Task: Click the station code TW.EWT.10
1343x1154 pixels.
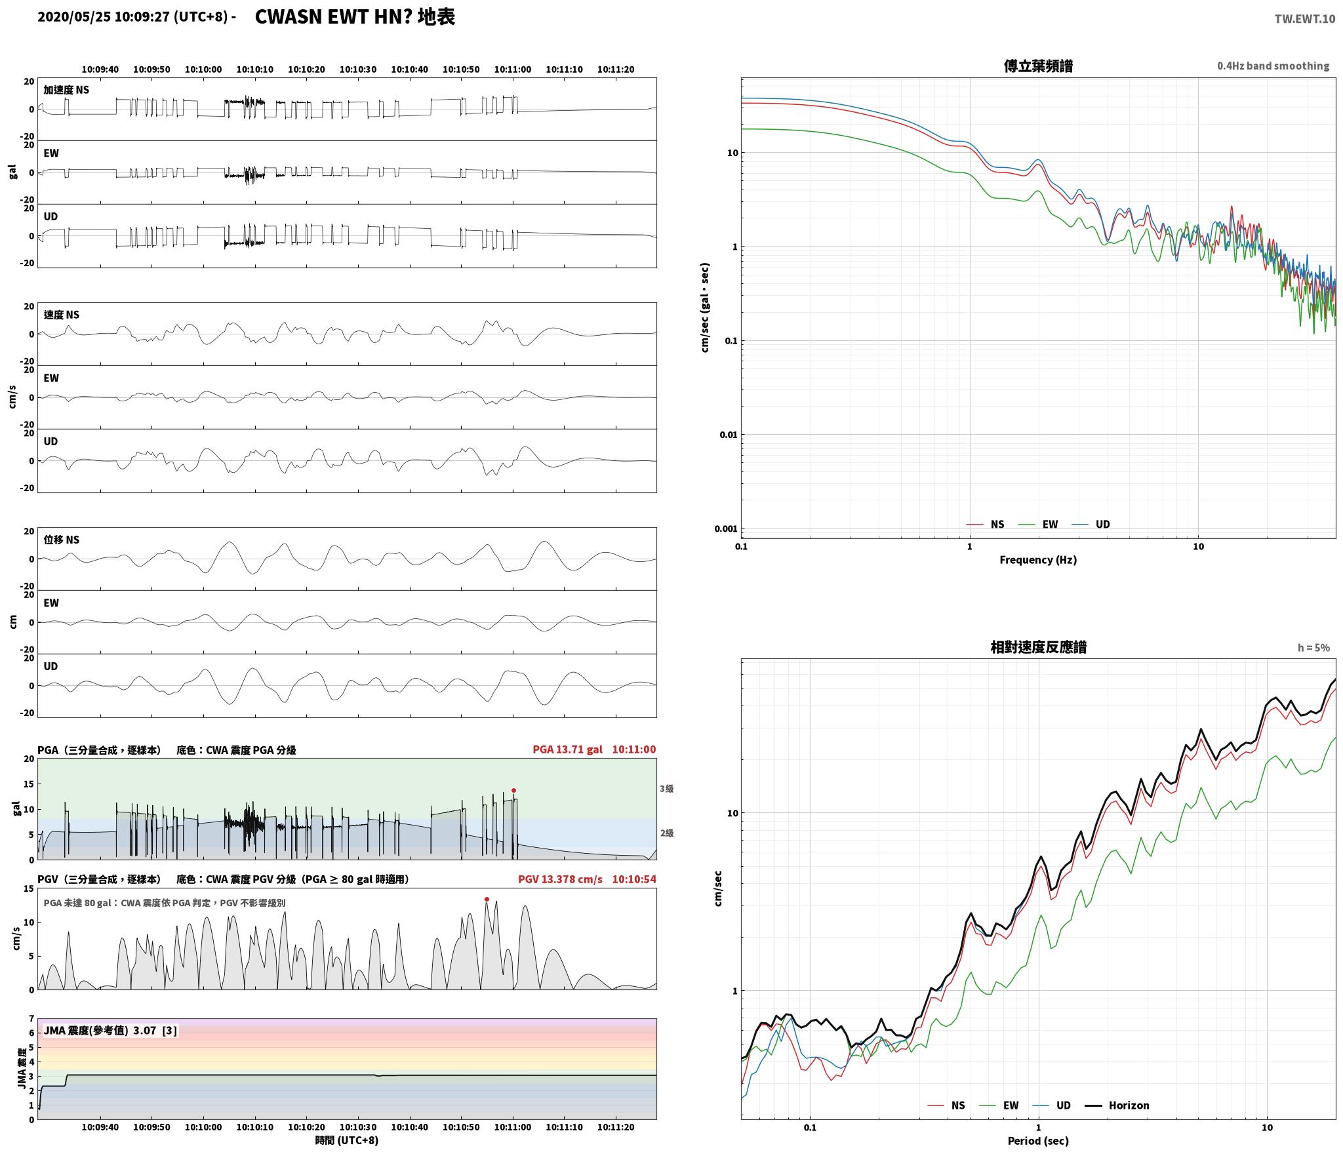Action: pos(1304,19)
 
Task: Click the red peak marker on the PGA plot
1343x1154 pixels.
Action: pos(513,790)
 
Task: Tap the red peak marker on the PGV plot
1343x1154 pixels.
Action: pos(487,899)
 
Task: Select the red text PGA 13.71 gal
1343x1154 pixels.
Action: pos(567,749)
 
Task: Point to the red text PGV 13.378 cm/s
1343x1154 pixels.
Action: pos(560,879)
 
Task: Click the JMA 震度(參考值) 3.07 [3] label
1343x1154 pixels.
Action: pos(110,1030)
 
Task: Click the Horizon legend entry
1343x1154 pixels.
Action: pos(1117,1105)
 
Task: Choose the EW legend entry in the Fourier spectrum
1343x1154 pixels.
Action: pos(1038,525)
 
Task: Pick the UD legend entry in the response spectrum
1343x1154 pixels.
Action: pos(1051,1105)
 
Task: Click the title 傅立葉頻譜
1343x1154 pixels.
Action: pos(1038,66)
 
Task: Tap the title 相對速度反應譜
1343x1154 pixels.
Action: pos(1038,648)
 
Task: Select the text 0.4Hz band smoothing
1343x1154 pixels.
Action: pos(1273,66)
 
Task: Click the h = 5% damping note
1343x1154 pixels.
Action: pos(1313,648)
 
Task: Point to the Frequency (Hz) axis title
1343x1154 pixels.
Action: pos(1038,560)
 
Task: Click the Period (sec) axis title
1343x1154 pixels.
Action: pos(1038,1141)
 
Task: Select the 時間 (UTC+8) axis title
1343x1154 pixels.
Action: pos(347,1140)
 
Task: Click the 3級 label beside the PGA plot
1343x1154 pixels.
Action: pos(666,789)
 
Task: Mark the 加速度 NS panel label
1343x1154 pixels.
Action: pos(66,90)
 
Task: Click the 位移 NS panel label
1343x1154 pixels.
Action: pos(61,540)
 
